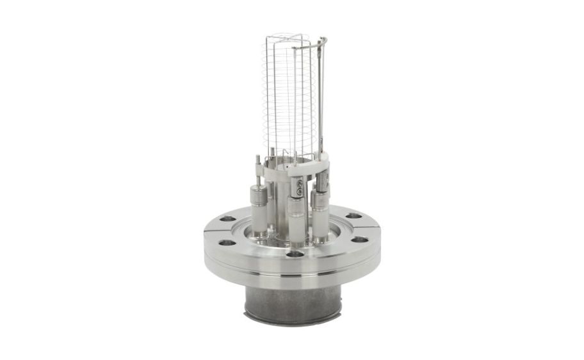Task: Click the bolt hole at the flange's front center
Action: (295, 254)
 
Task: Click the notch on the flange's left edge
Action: (208, 228)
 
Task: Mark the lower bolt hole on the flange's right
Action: (361, 240)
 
